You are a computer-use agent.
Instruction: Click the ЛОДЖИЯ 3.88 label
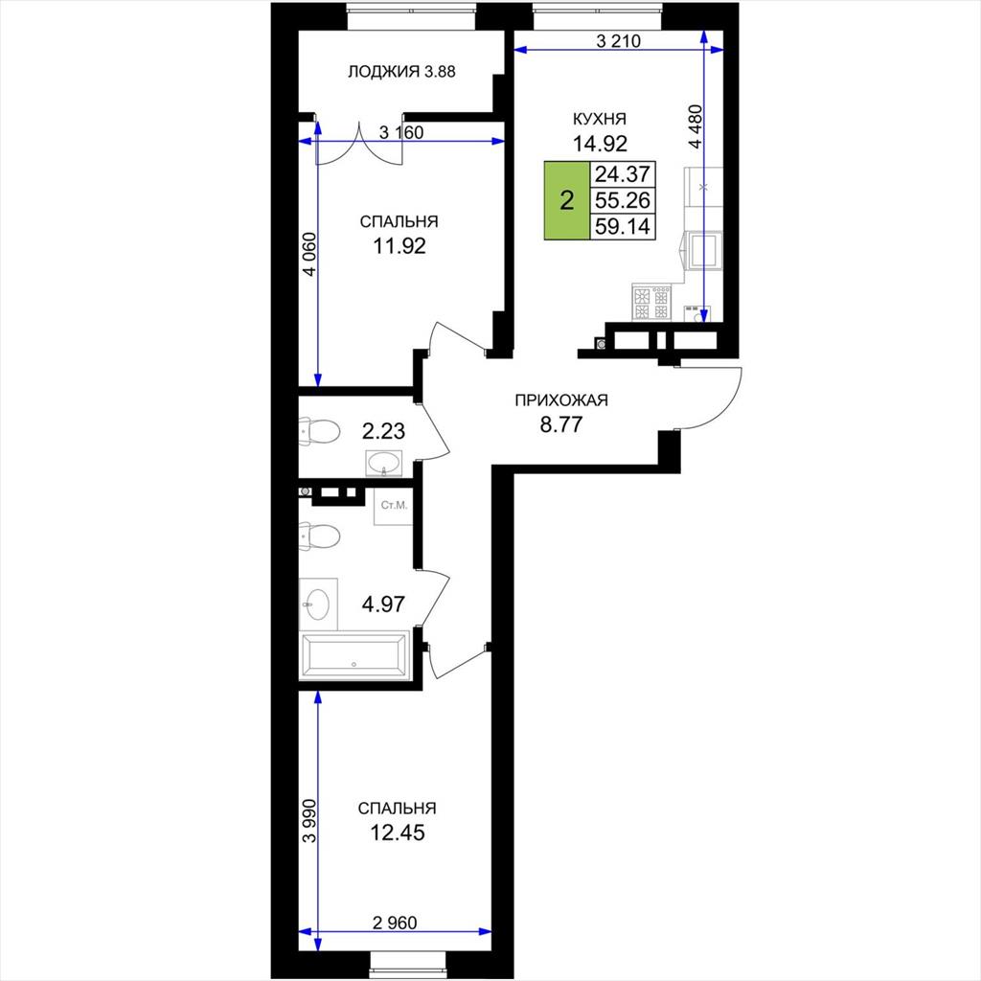[x=401, y=72]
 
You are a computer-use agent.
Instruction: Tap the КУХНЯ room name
[x=600, y=119]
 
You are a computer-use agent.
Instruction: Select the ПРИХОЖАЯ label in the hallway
[x=561, y=400]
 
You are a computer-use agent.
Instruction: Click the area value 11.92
[x=399, y=246]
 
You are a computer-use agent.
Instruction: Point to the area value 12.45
[x=398, y=833]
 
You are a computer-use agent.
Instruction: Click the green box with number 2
[x=567, y=201]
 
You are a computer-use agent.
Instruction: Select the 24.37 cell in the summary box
[x=623, y=174]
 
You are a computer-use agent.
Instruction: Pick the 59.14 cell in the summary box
[x=623, y=226]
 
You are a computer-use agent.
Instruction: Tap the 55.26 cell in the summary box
[x=623, y=200]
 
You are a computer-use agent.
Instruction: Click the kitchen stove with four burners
[x=651, y=303]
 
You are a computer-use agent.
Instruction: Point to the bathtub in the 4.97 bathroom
[x=354, y=655]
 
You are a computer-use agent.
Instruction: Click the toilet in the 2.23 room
[x=320, y=431]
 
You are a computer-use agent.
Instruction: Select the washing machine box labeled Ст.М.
[x=394, y=506]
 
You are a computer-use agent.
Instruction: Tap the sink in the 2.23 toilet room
[x=383, y=464]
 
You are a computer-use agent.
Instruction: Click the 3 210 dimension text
[x=619, y=41]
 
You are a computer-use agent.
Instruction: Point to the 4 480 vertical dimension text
[x=696, y=126]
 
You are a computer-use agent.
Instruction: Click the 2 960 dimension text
[x=395, y=923]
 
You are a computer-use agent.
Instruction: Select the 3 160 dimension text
[x=401, y=132]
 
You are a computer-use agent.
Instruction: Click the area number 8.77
[x=561, y=424]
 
